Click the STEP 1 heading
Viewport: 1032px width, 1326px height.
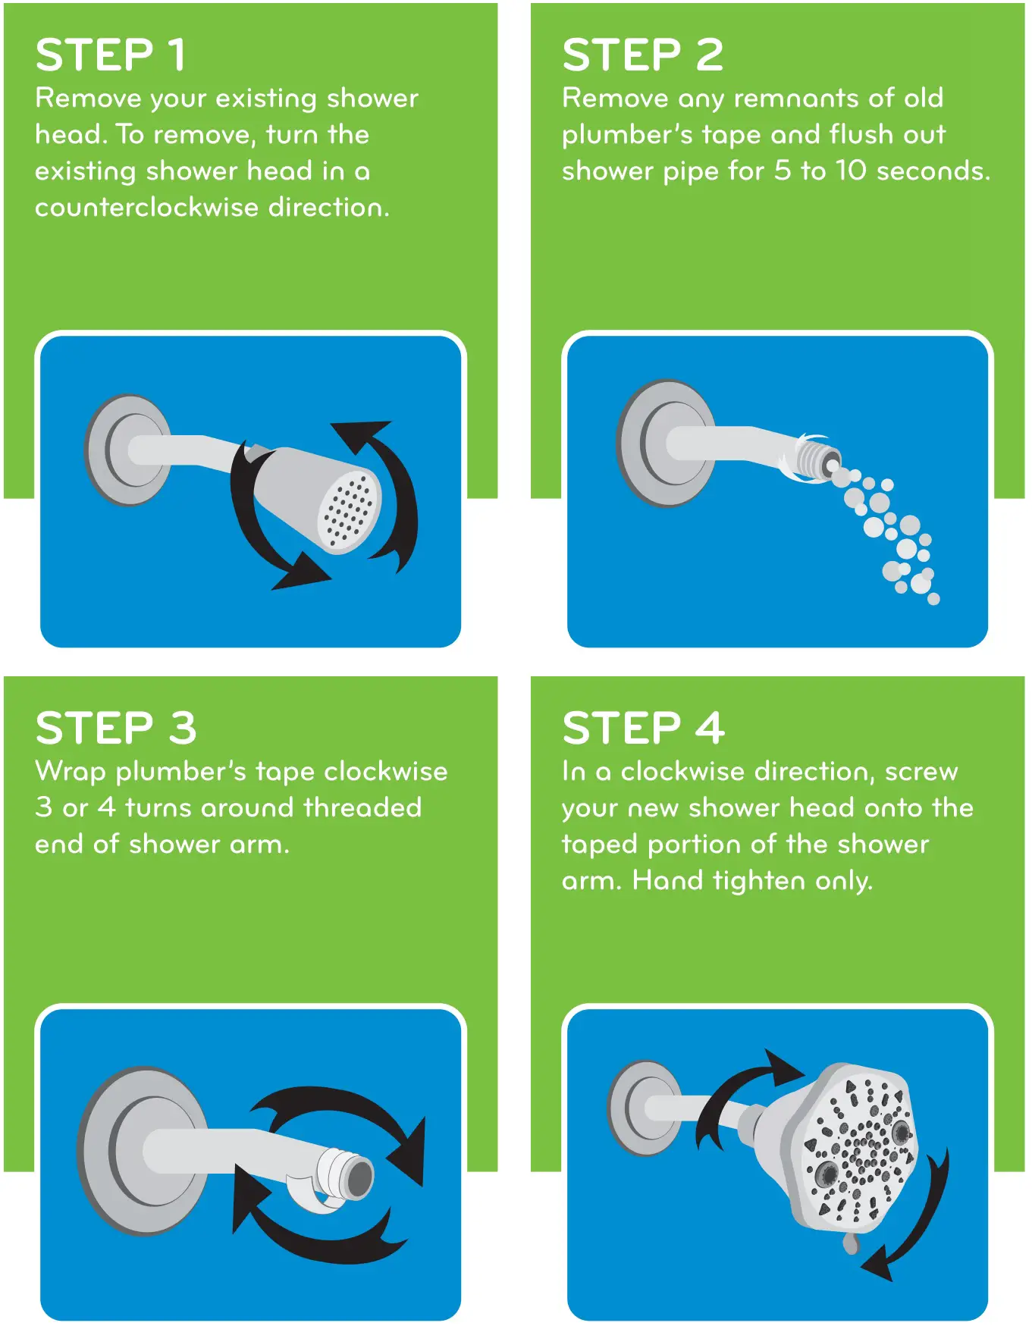pos(111,55)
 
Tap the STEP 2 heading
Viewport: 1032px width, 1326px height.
pos(642,55)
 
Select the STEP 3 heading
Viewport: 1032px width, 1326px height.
pos(116,729)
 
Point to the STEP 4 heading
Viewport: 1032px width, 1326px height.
pos(643,729)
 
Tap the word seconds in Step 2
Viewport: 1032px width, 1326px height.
pos(933,171)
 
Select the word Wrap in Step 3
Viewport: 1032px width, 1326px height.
pos(72,772)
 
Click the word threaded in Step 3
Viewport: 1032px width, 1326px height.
pos(362,808)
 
